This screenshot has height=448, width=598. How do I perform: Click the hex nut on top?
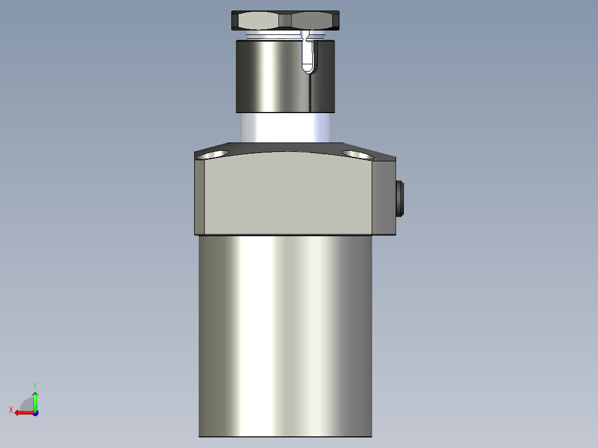[x=285, y=21]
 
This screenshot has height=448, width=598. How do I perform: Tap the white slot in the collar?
[x=308, y=55]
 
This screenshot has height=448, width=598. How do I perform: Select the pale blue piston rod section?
[x=285, y=126]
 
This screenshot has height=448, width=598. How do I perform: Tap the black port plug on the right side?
[x=401, y=198]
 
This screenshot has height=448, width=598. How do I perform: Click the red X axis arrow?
[x=22, y=413]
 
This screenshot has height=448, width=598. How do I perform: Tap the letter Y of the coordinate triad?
[x=35, y=385]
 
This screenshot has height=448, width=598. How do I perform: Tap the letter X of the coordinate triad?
[x=11, y=410]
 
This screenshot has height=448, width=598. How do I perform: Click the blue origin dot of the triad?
[x=36, y=413]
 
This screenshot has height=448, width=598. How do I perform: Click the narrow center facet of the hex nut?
[x=285, y=21]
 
